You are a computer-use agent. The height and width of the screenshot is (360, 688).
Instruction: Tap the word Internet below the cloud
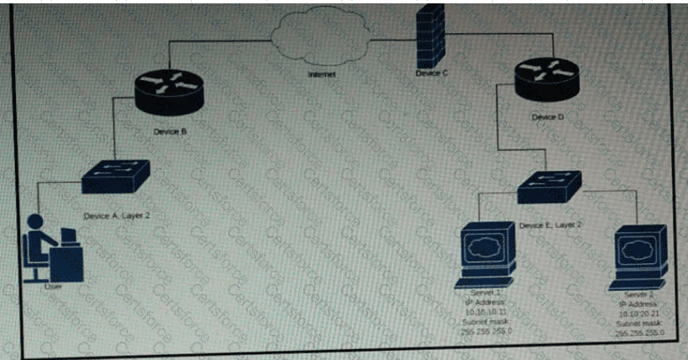(x=321, y=74)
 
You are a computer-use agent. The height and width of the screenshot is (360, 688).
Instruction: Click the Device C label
(x=432, y=74)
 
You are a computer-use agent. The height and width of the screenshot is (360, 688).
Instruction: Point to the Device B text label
(x=169, y=132)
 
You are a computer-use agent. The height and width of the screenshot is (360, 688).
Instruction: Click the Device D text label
(x=548, y=117)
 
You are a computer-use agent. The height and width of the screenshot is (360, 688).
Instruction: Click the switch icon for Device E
(x=549, y=188)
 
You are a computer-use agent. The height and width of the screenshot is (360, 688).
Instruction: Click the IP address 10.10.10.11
(x=485, y=312)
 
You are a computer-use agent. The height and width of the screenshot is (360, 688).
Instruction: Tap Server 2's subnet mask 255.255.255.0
(x=639, y=333)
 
